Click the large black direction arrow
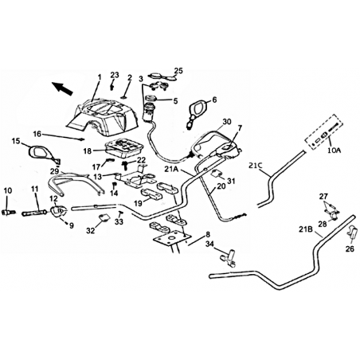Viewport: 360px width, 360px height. (62, 88)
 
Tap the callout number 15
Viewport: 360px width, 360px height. (16, 141)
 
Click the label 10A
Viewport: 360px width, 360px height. (335, 151)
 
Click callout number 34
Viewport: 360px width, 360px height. (209, 243)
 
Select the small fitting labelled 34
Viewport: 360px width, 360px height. (228, 257)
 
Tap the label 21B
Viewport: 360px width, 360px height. (304, 229)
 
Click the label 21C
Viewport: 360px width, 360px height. (256, 166)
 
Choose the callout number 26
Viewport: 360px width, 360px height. (350, 249)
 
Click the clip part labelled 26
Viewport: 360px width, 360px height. (351, 231)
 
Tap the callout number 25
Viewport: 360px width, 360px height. (178, 71)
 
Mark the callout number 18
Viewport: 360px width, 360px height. (88, 151)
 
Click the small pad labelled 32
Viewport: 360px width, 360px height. (104, 217)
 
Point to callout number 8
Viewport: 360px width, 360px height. (208, 234)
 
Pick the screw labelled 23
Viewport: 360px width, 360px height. (112, 87)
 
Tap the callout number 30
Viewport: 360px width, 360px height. (227, 122)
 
